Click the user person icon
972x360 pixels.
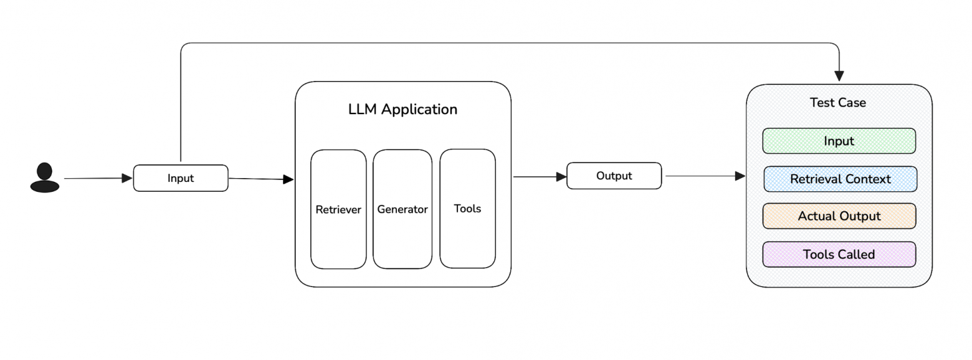point(44,178)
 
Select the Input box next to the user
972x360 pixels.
point(181,178)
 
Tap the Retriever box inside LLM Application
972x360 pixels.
point(338,209)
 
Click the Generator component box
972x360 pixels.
point(403,209)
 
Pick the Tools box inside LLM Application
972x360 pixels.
point(467,209)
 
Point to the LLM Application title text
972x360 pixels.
point(403,110)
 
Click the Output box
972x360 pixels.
point(614,176)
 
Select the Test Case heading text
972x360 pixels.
point(837,103)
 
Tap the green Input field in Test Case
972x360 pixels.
point(839,141)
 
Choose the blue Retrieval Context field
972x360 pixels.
point(840,179)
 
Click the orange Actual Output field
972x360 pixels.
point(839,216)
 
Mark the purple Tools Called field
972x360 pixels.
point(839,254)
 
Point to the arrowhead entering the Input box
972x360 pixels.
point(127,178)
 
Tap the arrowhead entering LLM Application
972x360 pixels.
point(288,179)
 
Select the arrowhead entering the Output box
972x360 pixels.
point(561,177)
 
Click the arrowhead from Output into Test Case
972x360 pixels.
point(740,176)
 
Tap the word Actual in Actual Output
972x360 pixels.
point(815,216)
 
